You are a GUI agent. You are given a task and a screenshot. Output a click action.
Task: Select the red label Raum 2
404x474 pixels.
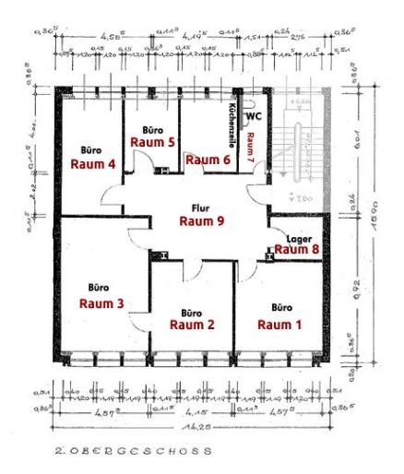192,325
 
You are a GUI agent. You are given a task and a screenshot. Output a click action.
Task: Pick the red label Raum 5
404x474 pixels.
152,143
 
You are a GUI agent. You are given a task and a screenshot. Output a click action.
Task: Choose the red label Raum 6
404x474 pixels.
208,160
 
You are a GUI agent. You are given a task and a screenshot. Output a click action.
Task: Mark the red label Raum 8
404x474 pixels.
296,249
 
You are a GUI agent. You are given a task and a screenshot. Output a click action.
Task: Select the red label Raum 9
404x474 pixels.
201,221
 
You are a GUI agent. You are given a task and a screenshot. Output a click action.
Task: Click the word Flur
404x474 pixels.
200,207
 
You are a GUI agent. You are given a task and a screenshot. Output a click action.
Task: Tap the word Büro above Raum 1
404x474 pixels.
280,307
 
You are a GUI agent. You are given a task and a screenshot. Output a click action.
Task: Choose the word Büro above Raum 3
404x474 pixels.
99,286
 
